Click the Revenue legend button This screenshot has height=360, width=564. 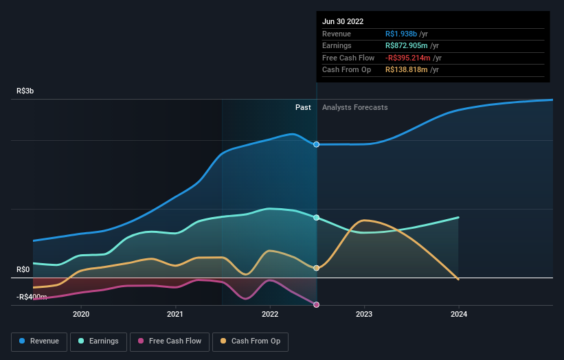coord(39,341)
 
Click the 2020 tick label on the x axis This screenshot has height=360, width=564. coord(81,315)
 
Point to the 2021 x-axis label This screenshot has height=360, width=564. coord(175,315)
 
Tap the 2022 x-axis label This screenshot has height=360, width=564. coord(270,315)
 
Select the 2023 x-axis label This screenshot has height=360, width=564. coord(364,315)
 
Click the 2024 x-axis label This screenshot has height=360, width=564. coord(459,315)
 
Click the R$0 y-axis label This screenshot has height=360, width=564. coord(23,270)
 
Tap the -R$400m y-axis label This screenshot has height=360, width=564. coord(32,297)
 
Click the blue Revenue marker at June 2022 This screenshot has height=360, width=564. coord(317,144)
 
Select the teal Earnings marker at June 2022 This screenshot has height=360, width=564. coord(317,218)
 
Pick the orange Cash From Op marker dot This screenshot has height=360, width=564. coord(317,268)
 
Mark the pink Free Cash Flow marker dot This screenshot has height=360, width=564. coord(317,304)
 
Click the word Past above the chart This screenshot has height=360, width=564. coord(303,107)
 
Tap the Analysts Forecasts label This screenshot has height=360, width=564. coord(354,107)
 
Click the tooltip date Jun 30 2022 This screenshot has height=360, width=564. coord(344,21)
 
